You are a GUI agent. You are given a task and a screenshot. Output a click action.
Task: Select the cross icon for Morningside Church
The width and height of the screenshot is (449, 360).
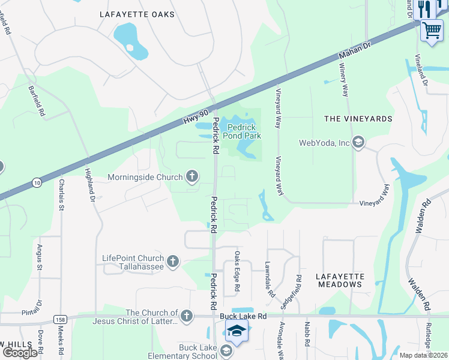192,176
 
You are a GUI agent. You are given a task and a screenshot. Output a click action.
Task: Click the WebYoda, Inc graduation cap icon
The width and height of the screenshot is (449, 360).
358,142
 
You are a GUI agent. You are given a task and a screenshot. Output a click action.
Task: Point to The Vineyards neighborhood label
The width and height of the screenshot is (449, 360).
358,119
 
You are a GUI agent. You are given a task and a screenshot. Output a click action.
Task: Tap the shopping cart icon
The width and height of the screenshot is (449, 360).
432,30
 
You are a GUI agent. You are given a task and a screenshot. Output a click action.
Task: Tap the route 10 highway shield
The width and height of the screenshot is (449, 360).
37,182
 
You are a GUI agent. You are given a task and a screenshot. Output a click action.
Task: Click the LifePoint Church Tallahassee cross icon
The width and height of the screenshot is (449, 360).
173,260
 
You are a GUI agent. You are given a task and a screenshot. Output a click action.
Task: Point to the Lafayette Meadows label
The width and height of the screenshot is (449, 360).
340,281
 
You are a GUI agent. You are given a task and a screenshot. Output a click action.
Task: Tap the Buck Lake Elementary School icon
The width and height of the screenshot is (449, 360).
227,350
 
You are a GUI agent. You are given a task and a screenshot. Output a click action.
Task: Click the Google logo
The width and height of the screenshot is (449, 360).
20,352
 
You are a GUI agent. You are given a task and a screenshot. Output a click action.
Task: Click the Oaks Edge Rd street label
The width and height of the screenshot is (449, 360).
237,272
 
